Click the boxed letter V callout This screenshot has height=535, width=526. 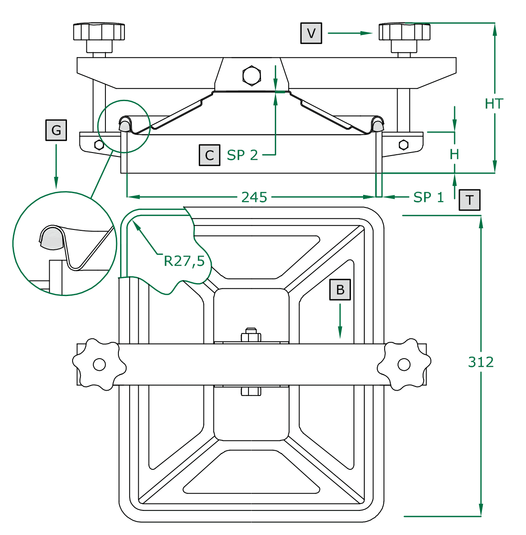311,33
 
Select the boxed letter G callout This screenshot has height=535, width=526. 56,130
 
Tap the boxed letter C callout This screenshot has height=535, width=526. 210,155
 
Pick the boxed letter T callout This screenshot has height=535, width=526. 470,200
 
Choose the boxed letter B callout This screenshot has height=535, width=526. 340,290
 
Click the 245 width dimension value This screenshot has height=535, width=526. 254,197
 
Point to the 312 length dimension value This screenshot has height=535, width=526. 481,362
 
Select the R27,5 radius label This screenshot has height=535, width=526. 184,261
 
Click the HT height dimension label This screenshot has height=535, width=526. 494,104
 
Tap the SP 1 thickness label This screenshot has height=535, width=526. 428,197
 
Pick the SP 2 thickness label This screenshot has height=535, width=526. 242,155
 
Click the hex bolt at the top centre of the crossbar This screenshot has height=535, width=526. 252,76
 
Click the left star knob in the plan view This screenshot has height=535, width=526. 99,364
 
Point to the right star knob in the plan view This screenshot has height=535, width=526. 404,364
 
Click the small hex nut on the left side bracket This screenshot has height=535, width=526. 99,145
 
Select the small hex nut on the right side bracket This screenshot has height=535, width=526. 404,144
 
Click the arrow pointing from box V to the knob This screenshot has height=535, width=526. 350,33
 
